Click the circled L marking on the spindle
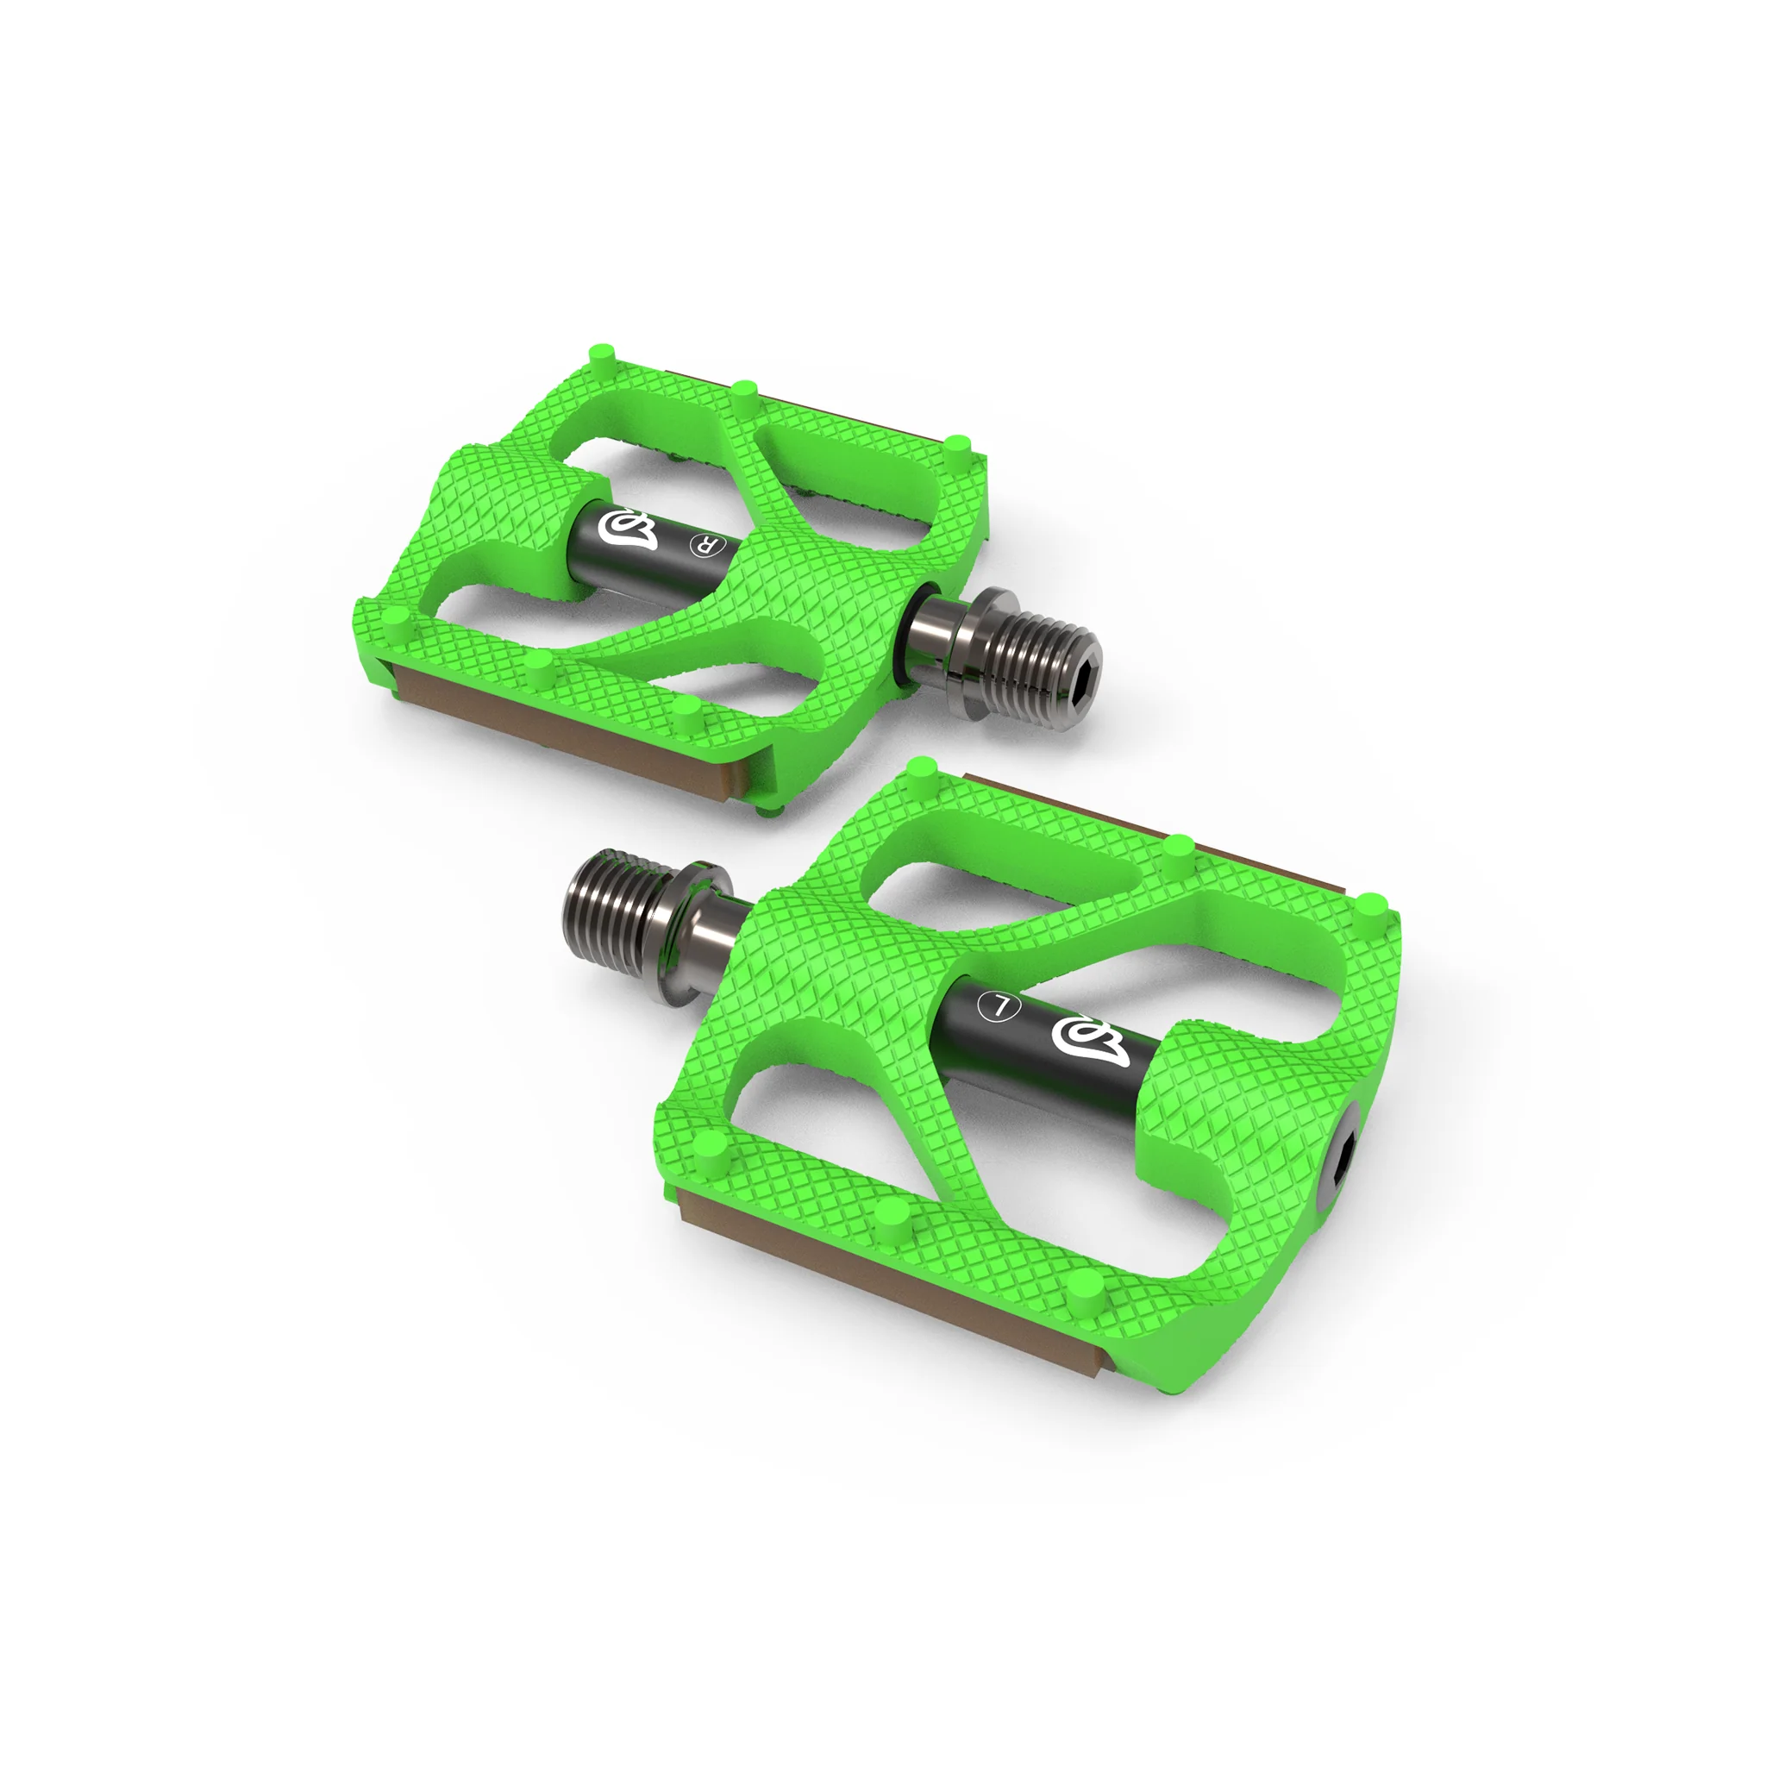(x=999, y=1006)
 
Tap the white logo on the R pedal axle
(x=627, y=531)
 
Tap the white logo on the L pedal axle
(x=1090, y=1040)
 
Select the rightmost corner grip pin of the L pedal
(x=1370, y=905)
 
